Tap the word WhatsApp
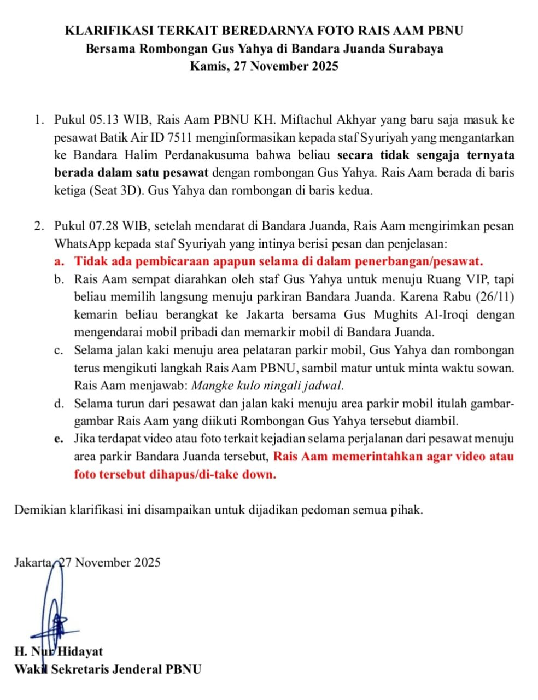[81, 243]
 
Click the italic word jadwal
[324, 385]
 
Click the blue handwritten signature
[54, 612]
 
